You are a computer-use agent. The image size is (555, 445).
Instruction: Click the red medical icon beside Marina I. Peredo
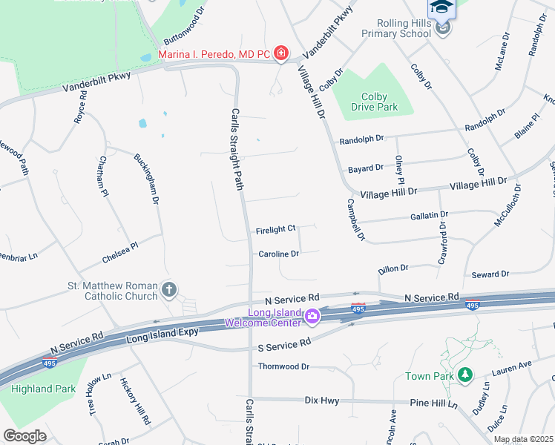(x=280, y=53)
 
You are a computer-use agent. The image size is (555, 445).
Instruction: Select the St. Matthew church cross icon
(x=169, y=289)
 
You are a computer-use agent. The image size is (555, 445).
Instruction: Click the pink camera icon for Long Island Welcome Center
(x=312, y=317)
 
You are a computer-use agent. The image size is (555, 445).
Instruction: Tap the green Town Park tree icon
(x=464, y=376)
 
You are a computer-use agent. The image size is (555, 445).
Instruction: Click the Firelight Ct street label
(x=275, y=228)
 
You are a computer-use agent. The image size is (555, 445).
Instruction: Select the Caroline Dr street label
(x=278, y=254)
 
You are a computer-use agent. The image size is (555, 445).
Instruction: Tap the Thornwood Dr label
(x=283, y=366)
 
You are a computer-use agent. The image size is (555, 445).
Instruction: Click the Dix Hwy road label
(x=322, y=400)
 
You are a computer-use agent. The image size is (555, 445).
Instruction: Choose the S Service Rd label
(x=285, y=344)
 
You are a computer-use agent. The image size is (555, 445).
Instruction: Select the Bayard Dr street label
(x=365, y=169)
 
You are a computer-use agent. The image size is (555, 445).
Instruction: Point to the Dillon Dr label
(x=393, y=268)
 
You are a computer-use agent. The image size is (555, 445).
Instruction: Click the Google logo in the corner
(x=24, y=436)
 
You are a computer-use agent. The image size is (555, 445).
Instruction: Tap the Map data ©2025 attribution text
(x=523, y=439)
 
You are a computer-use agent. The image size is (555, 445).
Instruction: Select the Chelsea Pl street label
(x=119, y=254)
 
